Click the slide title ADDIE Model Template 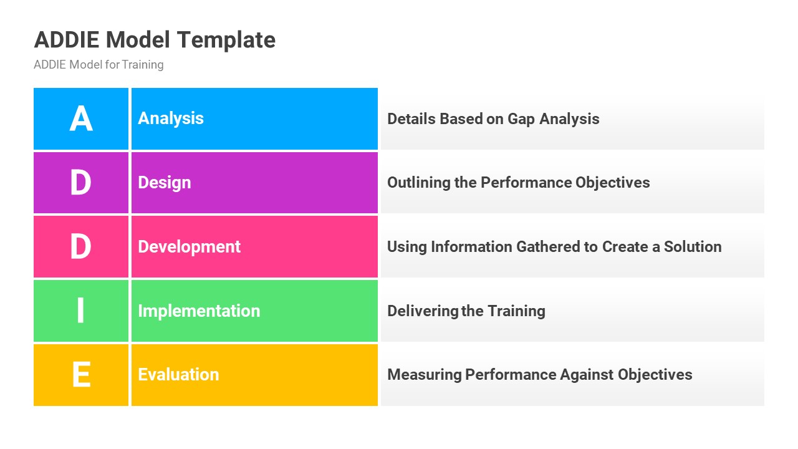pos(155,40)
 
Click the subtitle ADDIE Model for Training pos(99,65)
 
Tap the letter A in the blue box pos(81,118)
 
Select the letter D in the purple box pos(81,183)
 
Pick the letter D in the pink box pos(81,247)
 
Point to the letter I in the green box pos(81,311)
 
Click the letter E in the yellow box pos(81,375)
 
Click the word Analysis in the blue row pos(171,118)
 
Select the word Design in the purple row pos(165,183)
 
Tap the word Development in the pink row pos(189,247)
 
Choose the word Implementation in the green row pos(199,311)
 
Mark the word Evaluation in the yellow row pos(178,375)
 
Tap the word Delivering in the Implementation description pos(423,311)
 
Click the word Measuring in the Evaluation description pos(425,375)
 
